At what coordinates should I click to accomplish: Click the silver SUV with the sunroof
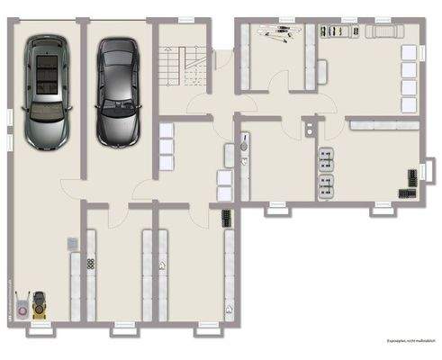coord(48,90)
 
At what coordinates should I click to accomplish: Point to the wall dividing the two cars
coord(83,99)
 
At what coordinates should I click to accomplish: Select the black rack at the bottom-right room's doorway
coord(224,216)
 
